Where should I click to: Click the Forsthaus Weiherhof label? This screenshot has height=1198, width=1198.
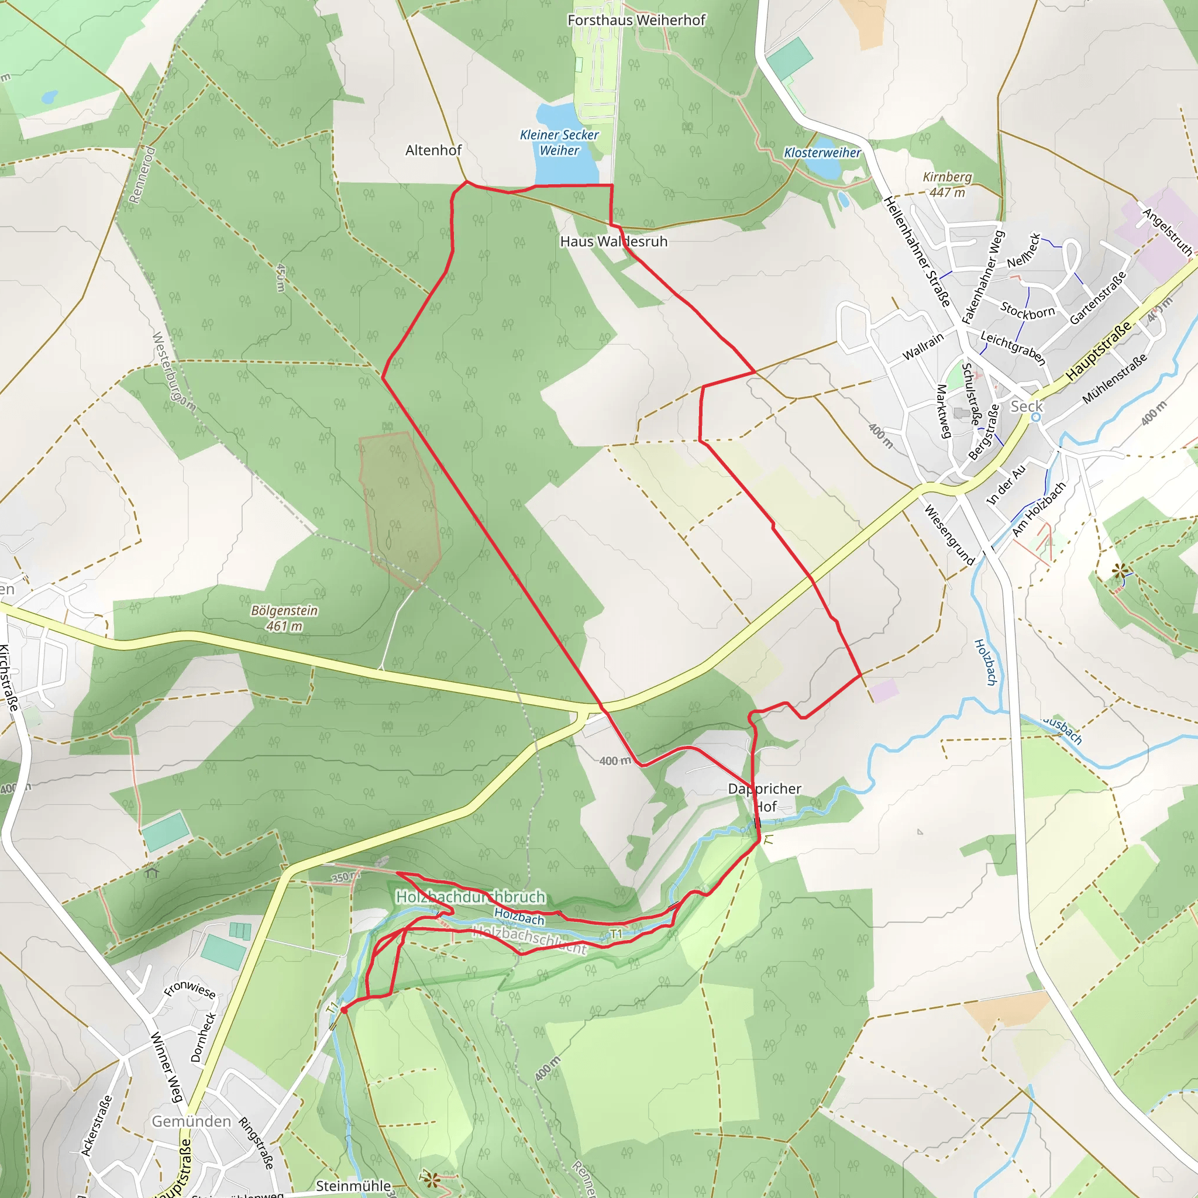pyautogui.click(x=636, y=20)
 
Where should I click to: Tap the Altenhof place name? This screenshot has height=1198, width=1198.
pyautogui.click(x=433, y=150)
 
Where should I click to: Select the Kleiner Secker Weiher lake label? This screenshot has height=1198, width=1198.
pyautogui.click(x=559, y=143)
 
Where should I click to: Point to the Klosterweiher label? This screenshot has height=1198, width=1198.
pyautogui.click(x=822, y=153)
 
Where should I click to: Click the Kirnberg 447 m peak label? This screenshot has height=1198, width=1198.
pyautogui.click(x=947, y=185)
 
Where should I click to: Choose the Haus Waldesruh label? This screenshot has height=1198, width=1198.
pyautogui.click(x=613, y=242)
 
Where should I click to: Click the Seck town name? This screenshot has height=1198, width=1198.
pyautogui.click(x=1027, y=406)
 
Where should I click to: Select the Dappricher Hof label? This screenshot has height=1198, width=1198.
pyautogui.click(x=765, y=797)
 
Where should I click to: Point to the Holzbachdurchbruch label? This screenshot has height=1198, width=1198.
pyautogui.click(x=471, y=897)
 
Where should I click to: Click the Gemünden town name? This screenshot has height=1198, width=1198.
pyautogui.click(x=191, y=1121)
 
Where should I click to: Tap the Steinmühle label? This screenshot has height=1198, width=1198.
pyautogui.click(x=353, y=1186)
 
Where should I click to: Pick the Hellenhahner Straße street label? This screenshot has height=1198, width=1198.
pyautogui.click(x=917, y=251)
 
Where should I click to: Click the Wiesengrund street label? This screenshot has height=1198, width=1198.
pyautogui.click(x=949, y=535)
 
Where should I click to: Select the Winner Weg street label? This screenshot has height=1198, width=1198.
pyautogui.click(x=166, y=1066)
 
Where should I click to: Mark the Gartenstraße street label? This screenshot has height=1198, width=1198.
pyautogui.click(x=1097, y=298)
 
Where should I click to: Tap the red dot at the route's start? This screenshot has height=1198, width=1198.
pyautogui.click(x=344, y=1010)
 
